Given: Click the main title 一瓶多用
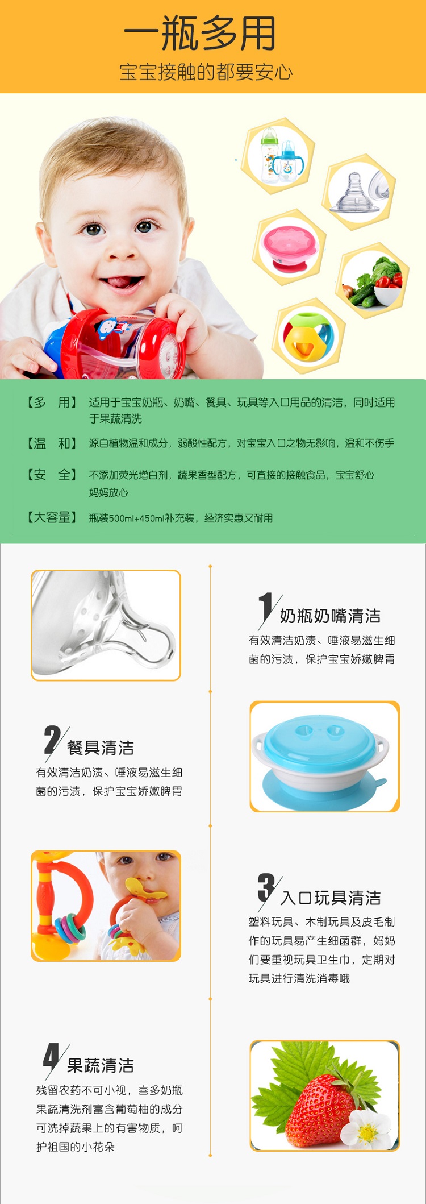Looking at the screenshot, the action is tap(200, 33).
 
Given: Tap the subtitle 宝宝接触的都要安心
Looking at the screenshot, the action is tap(206, 72).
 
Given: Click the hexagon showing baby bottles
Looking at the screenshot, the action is tap(278, 156).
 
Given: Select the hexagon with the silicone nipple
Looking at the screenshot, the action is tap(359, 192).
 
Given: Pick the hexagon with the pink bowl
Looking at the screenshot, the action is tap(290, 247).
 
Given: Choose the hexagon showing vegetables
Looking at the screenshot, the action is tap(372, 280).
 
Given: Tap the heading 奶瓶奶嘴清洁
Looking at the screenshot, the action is tap(330, 616).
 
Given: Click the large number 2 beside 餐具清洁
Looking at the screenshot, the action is tap(53, 740).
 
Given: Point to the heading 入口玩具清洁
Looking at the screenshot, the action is tap(331, 898).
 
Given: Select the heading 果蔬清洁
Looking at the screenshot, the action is tap(101, 1065).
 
